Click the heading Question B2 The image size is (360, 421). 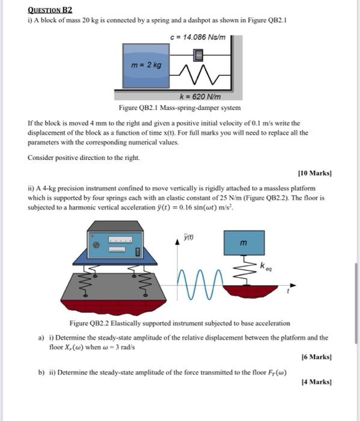coord(50,10)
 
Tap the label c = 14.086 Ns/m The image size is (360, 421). coord(198,37)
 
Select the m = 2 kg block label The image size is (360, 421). coord(146,65)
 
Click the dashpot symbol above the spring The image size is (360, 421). coord(198,55)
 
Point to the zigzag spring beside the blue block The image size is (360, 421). coord(200,75)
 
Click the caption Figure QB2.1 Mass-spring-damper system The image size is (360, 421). coord(180,108)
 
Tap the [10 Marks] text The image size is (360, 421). coord(315,173)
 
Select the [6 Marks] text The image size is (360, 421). coord(317,357)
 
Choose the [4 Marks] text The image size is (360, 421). coord(317,382)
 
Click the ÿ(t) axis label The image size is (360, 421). coord(189,237)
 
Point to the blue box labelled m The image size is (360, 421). coord(244,243)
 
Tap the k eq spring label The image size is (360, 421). coord(266,266)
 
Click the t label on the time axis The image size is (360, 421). coord(288,291)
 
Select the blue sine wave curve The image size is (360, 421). coord(200,284)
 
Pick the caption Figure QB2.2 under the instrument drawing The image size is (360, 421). coord(180,323)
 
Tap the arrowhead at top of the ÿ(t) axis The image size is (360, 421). coord(177,242)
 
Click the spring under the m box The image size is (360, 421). coord(245,270)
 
